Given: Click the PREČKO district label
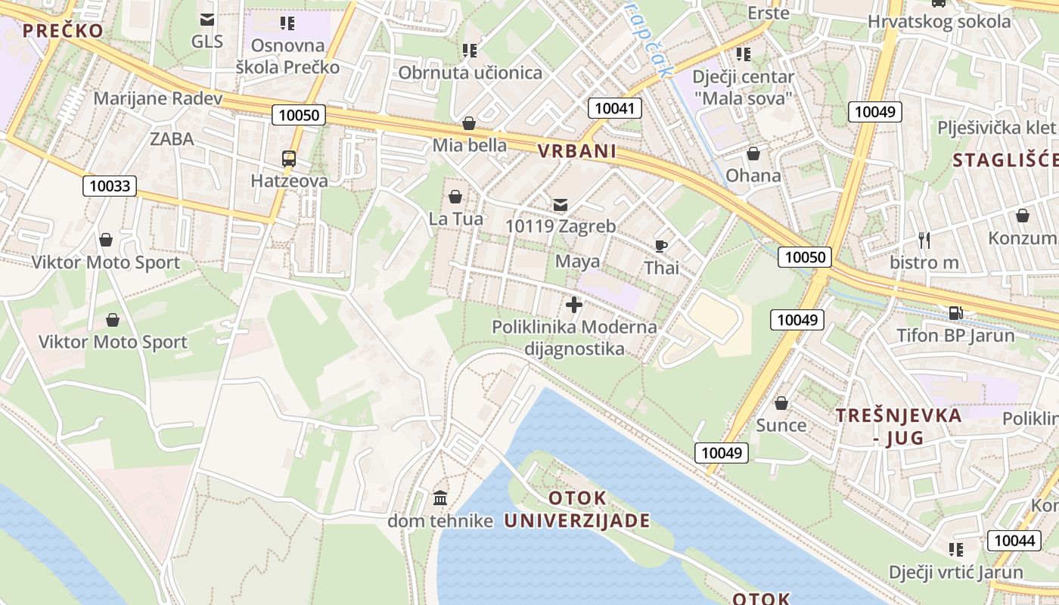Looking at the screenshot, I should pos(62,31).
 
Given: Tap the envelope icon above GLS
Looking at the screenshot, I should pos(207,20).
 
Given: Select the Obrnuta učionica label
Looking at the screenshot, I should pos(470,73).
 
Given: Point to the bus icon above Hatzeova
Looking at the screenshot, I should pos(289,159).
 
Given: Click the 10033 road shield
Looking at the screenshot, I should pos(110,186).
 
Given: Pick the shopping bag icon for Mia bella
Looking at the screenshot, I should pos(469,123).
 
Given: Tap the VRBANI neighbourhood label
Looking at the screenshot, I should pos(577,151).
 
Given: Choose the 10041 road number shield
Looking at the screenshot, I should pos(614,108).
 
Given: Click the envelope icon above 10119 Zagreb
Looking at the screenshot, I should pos(561,204).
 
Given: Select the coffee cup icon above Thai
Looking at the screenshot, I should pos(661,246).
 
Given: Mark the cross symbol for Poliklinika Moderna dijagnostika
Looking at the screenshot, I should pos(574,306).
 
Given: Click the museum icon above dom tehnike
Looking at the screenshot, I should pos(440,498).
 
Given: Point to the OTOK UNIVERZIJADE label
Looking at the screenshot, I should pos(577,509).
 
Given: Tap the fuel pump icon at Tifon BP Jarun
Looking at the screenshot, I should pos(955,312).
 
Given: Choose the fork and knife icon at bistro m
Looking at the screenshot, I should pos(924,240).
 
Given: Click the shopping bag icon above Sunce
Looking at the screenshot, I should pos(781,403).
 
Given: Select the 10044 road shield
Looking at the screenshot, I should pos(1014,540).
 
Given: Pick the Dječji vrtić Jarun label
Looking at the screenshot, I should pos(955,572).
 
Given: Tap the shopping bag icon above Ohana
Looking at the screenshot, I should pos(753,154).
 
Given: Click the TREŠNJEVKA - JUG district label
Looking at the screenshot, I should pos(899,426).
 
